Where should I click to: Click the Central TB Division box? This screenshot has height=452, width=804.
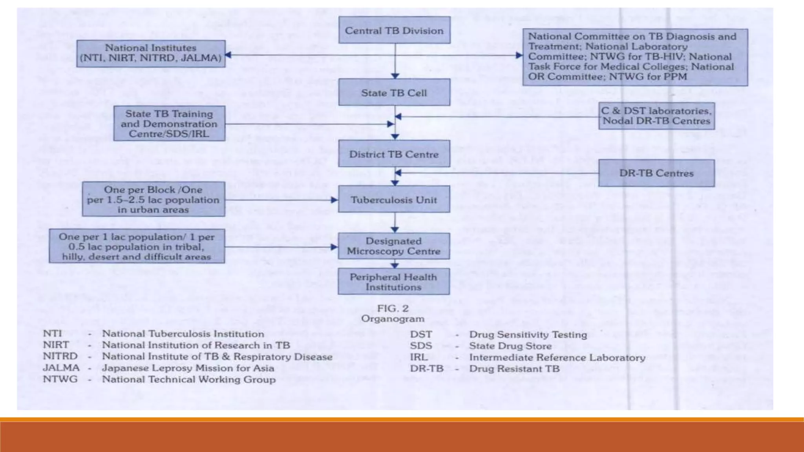coord(394,30)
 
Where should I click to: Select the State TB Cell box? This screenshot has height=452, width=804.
coord(394,93)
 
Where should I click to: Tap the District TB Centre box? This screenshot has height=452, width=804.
coord(394,154)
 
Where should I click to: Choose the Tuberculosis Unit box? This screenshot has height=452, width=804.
coord(394,200)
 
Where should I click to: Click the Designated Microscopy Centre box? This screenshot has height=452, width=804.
coord(394,246)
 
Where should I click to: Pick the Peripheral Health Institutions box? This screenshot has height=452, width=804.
coord(394,282)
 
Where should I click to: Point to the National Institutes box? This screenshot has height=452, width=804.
coord(151,53)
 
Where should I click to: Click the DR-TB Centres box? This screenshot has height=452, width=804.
coord(656,173)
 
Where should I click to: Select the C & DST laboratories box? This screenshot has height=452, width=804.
coord(656,116)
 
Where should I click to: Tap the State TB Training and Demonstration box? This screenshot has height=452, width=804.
coord(169,124)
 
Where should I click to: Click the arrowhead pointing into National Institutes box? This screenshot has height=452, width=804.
coord(228,55)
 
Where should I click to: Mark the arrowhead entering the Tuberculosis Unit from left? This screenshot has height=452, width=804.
coord(334,200)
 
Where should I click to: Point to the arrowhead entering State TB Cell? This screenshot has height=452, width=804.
coord(395,76)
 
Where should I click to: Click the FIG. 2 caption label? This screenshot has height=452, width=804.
coord(393,308)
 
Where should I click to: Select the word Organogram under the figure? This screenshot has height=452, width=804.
coord(393,319)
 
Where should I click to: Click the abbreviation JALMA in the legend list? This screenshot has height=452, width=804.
coord(61,368)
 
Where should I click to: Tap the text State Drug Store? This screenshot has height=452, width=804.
coord(510,346)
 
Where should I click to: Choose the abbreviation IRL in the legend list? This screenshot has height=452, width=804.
coord(418,357)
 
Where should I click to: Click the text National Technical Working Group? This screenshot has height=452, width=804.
coord(188,379)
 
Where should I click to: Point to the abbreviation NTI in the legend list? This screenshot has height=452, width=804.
coord(52,334)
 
